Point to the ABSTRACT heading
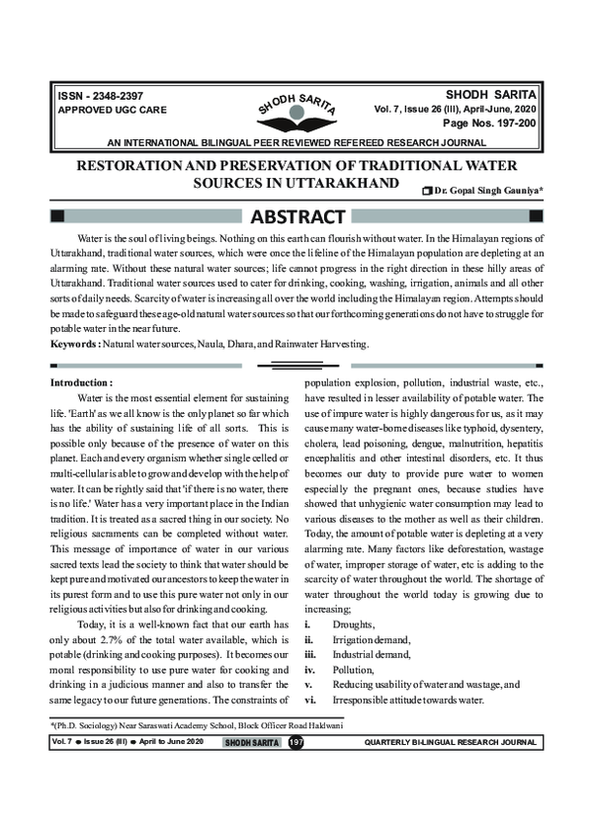[296, 216]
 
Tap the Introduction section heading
[82, 380]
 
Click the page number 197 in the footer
[295, 741]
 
